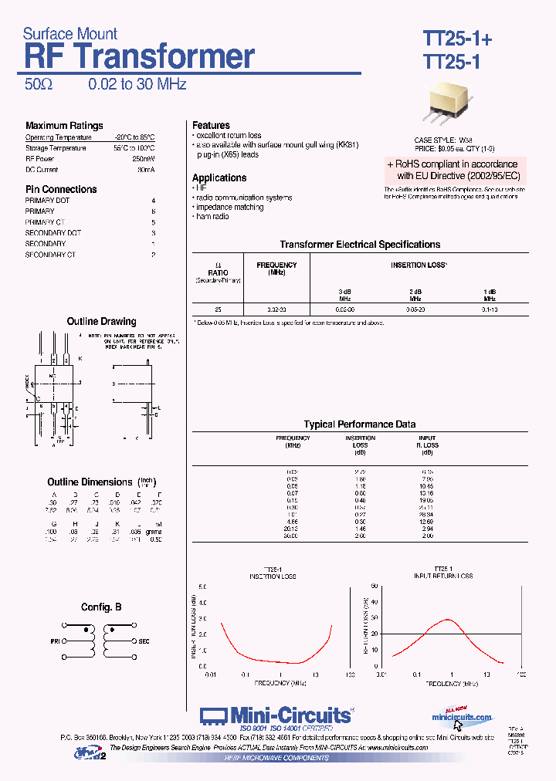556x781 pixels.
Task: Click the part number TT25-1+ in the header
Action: pos(456,39)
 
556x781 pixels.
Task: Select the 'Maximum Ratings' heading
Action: pos(64,126)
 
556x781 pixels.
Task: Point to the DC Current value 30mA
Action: pos(146,170)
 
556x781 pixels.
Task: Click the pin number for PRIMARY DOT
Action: pos(154,201)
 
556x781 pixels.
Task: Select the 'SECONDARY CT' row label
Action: pos(50,255)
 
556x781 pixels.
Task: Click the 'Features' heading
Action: pos(211,126)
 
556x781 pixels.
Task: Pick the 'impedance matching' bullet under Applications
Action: pos(229,208)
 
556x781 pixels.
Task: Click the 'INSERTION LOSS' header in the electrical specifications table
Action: pos(419,265)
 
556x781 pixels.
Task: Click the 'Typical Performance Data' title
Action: pos(360,424)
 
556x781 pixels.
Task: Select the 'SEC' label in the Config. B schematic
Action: pos(144,641)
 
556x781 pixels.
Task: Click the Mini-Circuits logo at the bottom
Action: pos(276,716)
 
